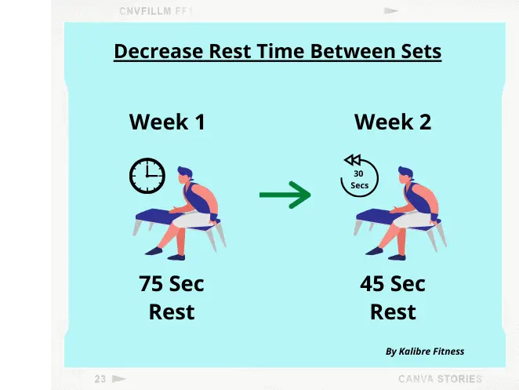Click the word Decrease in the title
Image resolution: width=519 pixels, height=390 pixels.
pos(158,51)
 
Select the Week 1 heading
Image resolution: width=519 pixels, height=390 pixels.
pos(167,122)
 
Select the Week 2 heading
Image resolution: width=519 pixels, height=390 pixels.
pos(393,122)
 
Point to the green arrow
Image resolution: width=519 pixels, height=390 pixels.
pos(285,195)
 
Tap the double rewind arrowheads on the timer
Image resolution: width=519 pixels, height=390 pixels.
pos(353,160)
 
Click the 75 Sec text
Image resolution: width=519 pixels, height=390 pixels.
pos(172,283)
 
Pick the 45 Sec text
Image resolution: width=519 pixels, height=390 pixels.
pos(393,283)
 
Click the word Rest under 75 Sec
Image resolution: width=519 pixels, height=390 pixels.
pos(172,312)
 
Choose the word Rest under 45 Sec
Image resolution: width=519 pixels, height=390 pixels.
pos(393,312)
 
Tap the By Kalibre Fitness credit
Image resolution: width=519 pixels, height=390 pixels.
pos(425,352)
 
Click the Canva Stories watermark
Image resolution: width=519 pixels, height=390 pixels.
pos(441,379)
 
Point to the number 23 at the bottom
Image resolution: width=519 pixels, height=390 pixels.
pos(100,379)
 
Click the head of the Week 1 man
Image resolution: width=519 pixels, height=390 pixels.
pos(185,175)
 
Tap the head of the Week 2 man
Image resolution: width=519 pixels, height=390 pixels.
pos(405,175)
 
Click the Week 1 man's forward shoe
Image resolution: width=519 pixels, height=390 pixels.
pos(154,251)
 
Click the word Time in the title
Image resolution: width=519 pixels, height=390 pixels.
pos(281,51)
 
